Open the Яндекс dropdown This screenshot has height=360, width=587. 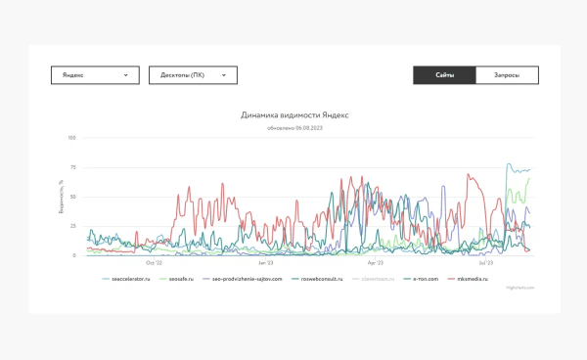click(x=95, y=75)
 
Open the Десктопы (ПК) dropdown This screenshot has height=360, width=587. click(x=193, y=75)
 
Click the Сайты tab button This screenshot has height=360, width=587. click(x=444, y=75)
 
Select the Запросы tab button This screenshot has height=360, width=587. click(x=507, y=75)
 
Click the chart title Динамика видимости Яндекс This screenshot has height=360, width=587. click(x=294, y=115)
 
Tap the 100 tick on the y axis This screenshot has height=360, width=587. click(x=72, y=138)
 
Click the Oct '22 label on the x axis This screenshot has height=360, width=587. click(x=155, y=263)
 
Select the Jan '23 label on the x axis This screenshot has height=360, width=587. click(x=266, y=263)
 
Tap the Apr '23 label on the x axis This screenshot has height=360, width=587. click(x=375, y=263)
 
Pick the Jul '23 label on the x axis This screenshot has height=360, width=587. click(x=485, y=263)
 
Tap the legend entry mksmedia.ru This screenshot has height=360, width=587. click(x=472, y=279)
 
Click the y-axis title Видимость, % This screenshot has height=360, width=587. click(x=61, y=196)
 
